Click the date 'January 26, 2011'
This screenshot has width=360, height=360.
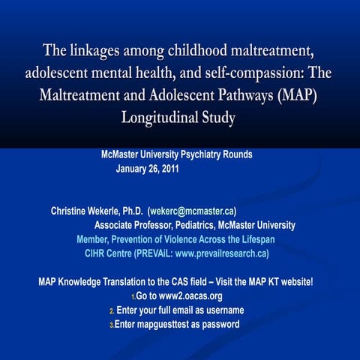click(x=147, y=169)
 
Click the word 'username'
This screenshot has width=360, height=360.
click(x=222, y=310)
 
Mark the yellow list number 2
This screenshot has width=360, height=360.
click(x=112, y=311)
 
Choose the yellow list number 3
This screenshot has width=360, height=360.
click(x=111, y=325)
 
